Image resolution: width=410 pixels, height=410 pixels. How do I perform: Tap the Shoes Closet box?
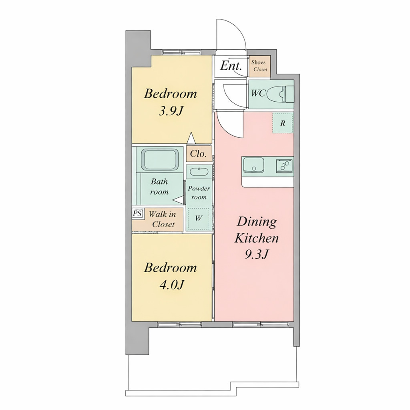tap(259, 66)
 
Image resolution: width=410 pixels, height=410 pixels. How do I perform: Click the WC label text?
tap(258, 93)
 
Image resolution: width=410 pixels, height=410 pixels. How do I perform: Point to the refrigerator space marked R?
tap(283, 123)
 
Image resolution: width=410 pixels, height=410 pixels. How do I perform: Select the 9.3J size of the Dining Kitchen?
tap(257, 254)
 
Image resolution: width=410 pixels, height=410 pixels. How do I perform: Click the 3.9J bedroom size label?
tap(171, 111)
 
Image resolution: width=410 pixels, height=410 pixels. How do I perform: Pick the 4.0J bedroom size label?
tap(171, 285)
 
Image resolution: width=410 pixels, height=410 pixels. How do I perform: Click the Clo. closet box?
tap(199, 153)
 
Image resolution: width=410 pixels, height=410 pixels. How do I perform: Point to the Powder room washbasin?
tap(199, 172)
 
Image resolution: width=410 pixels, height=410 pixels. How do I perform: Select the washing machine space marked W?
tap(199, 219)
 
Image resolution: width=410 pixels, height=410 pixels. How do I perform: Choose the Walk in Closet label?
tap(162, 219)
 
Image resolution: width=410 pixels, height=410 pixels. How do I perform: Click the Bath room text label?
tap(159, 187)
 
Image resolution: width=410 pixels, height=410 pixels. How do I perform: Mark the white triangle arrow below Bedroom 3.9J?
tap(191, 138)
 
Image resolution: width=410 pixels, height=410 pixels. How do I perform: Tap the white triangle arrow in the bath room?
tap(179, 200)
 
